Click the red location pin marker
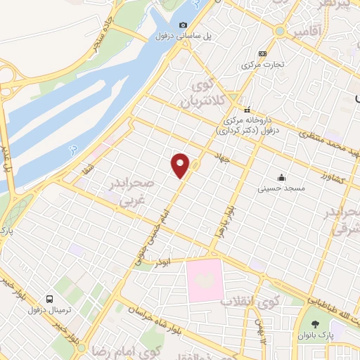click(181, 164)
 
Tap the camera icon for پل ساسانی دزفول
click(184, 25)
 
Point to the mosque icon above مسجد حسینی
click(281, 177)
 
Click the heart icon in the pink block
click(204, 279)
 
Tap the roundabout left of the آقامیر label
click(281, 32)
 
